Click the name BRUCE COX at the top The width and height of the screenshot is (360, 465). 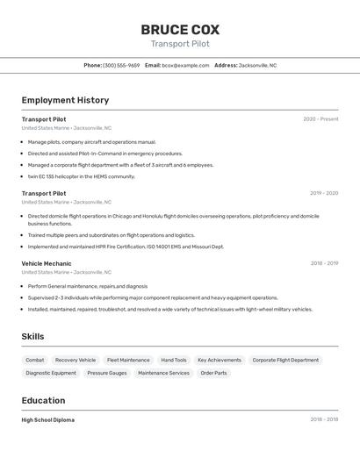[180, 29]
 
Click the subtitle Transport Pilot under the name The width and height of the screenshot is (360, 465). [180, 44]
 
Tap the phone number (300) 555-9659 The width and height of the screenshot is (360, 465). [121, 65]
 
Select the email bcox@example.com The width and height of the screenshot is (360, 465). [185, 65]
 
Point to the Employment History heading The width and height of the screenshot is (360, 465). [65, 100]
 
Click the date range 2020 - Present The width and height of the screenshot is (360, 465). [320, 119]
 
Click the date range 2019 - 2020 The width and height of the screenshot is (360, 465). [324, 193]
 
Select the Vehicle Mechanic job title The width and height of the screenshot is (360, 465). [47, 263]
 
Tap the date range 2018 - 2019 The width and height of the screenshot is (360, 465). [324, 263]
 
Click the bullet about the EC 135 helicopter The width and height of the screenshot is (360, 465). [82, 176]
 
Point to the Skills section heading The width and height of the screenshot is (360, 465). [32, 337]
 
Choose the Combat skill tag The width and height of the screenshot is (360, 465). [35, 360]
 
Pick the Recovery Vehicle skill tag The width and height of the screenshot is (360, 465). [76, 360]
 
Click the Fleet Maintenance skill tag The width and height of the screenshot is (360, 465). [128, 360]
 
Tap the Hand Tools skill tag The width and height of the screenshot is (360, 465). [174, 360]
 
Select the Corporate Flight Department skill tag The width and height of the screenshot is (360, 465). [285, 360]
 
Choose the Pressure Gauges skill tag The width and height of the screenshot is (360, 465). [107, 373]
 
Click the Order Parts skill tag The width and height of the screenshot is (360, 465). [213, 373]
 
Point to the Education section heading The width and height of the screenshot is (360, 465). [44, 400]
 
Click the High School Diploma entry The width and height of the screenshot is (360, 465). [48, 420]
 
